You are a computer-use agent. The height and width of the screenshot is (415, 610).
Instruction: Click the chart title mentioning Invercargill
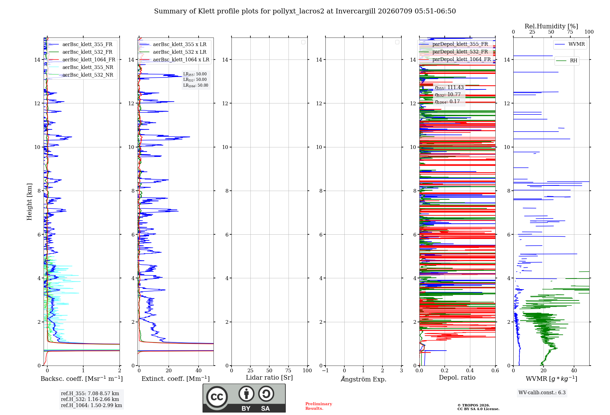point(305,11)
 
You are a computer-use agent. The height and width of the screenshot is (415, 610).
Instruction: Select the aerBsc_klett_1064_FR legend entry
point(82,60)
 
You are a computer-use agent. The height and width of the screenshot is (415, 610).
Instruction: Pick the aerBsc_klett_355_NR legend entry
point(81,67)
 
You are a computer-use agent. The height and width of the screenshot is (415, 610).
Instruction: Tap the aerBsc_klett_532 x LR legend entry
point(173,52)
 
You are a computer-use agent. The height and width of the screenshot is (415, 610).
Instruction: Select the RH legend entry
point(567,61)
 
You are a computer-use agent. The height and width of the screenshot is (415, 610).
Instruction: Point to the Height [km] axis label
point(29,202)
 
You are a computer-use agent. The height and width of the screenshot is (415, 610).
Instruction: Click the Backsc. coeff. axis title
point(82,379)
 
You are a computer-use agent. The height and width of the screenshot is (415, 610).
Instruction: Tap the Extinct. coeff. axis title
point(176,379)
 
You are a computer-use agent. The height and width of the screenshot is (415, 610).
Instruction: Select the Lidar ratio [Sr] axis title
point(269,378)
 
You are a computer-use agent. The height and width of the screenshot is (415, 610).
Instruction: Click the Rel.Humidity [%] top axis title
point(551,26)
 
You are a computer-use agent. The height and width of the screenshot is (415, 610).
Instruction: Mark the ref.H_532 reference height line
point(90,399)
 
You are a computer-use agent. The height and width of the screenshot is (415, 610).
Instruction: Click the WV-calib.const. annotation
point(542,393)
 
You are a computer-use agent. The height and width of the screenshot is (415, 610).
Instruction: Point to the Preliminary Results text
point(319,406)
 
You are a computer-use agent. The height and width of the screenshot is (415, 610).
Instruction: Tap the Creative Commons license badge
point(244,398)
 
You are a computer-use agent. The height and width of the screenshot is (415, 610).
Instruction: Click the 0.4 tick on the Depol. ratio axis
point(470,371)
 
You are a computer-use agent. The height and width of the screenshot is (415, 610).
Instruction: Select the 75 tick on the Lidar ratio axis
point(288,371)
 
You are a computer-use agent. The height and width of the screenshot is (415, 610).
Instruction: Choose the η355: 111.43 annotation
point(449,88)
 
